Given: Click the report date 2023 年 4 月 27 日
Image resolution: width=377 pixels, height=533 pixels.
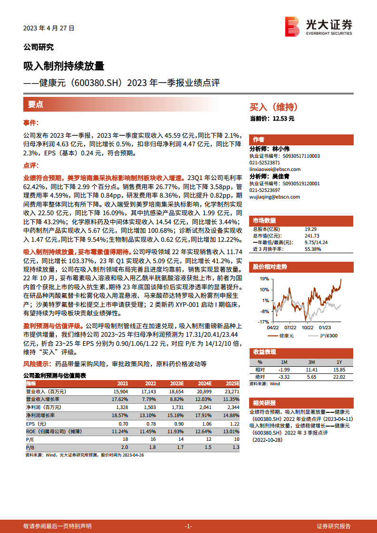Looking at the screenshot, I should tap(49, 29).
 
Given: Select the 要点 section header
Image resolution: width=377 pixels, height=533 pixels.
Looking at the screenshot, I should tap(36, 105).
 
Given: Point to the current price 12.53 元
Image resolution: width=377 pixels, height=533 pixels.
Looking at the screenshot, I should tap(284, 118).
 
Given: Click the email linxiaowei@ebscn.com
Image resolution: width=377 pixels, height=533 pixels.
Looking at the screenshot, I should tap(274, 169).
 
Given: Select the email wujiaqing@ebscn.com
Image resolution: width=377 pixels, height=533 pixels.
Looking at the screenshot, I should tap(274, 197).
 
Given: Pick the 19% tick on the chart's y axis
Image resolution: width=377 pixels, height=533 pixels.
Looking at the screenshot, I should tap(265, 279).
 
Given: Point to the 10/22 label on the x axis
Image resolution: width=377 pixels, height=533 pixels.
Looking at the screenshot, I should tap(308, 327).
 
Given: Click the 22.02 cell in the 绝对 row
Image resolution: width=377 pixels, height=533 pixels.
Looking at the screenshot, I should tap(339, 377).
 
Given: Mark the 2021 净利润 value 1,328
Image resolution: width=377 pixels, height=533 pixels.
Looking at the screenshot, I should tap(122, 408).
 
